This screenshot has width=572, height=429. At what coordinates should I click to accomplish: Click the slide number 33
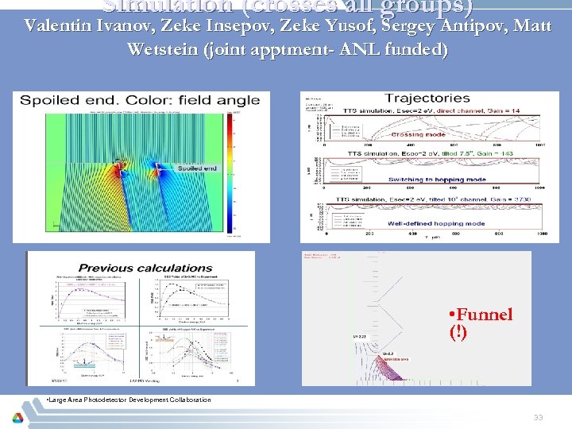[x=538, y=417]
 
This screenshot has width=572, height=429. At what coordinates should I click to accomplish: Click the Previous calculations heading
[x=145, y=269]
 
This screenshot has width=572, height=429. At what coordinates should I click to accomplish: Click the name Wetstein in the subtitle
[x=162, y=49]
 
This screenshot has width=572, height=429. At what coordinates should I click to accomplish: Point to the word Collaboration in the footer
[x=186, y=400]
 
